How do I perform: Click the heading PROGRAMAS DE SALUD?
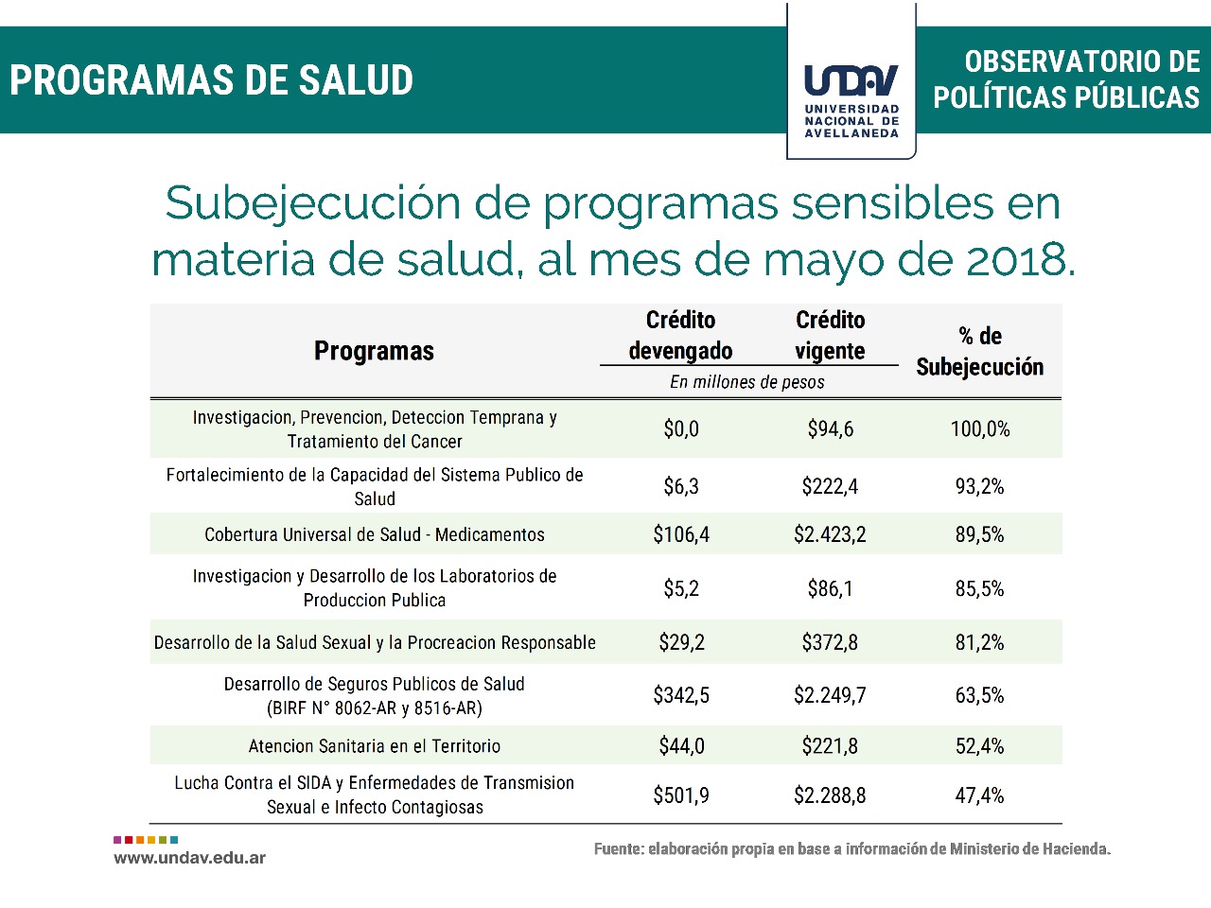pos(212,80)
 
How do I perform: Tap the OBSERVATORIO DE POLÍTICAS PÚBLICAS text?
pos(1066,79)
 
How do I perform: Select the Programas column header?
pos(374,351)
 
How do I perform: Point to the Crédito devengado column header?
pos(680,335)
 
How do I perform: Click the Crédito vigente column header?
pos(830,335)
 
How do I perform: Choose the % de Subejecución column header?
pos(979,351)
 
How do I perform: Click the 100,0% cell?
pos(979,429)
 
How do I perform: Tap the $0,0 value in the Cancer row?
pos(681,429)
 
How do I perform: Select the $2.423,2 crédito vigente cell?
pos(830,534)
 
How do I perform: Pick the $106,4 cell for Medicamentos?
pos(681,534)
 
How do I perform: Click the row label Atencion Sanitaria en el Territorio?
pos(375,746)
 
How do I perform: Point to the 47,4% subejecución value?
pos(979,795)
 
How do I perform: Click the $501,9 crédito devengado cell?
pos(681,795)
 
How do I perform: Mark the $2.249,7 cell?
pos(830,695)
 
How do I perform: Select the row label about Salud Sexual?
pos(375,643)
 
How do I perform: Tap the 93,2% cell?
pos(979,486)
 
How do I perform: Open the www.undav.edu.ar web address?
pos(189,858)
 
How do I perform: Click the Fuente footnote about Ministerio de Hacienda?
pos(851,848)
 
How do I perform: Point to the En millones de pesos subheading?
pos(747,382)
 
